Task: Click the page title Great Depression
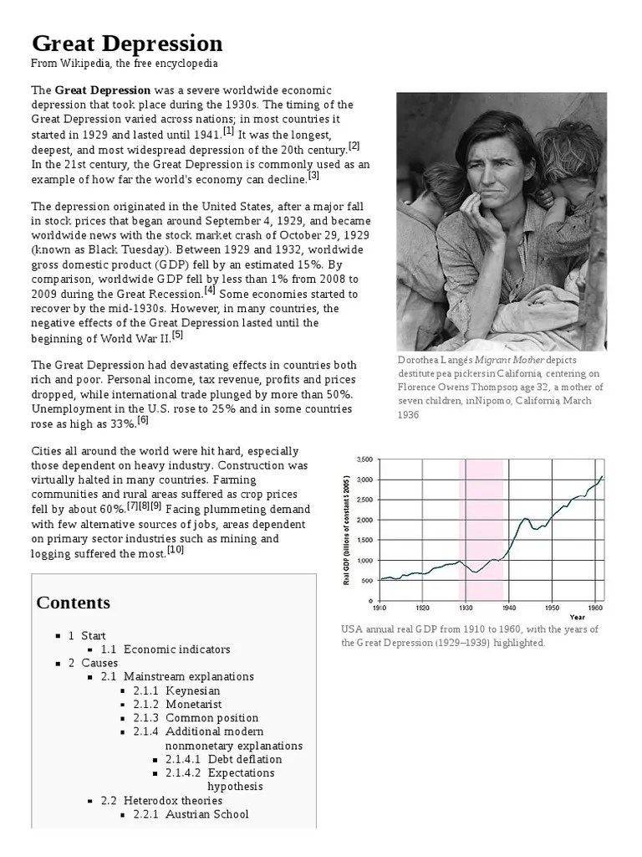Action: [127, 43]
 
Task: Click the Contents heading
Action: [74, 603]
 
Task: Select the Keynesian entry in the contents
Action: [193, 690]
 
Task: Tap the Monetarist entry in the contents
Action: [196, 704]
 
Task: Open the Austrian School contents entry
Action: [207, 813]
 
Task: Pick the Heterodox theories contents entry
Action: [173, 800]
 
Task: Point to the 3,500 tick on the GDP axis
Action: [364, 459]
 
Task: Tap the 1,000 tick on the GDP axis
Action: [364, 560]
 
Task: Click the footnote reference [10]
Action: [176, 550]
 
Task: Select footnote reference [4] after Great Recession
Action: [210, 290]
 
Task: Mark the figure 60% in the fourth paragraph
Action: [110, 509]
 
